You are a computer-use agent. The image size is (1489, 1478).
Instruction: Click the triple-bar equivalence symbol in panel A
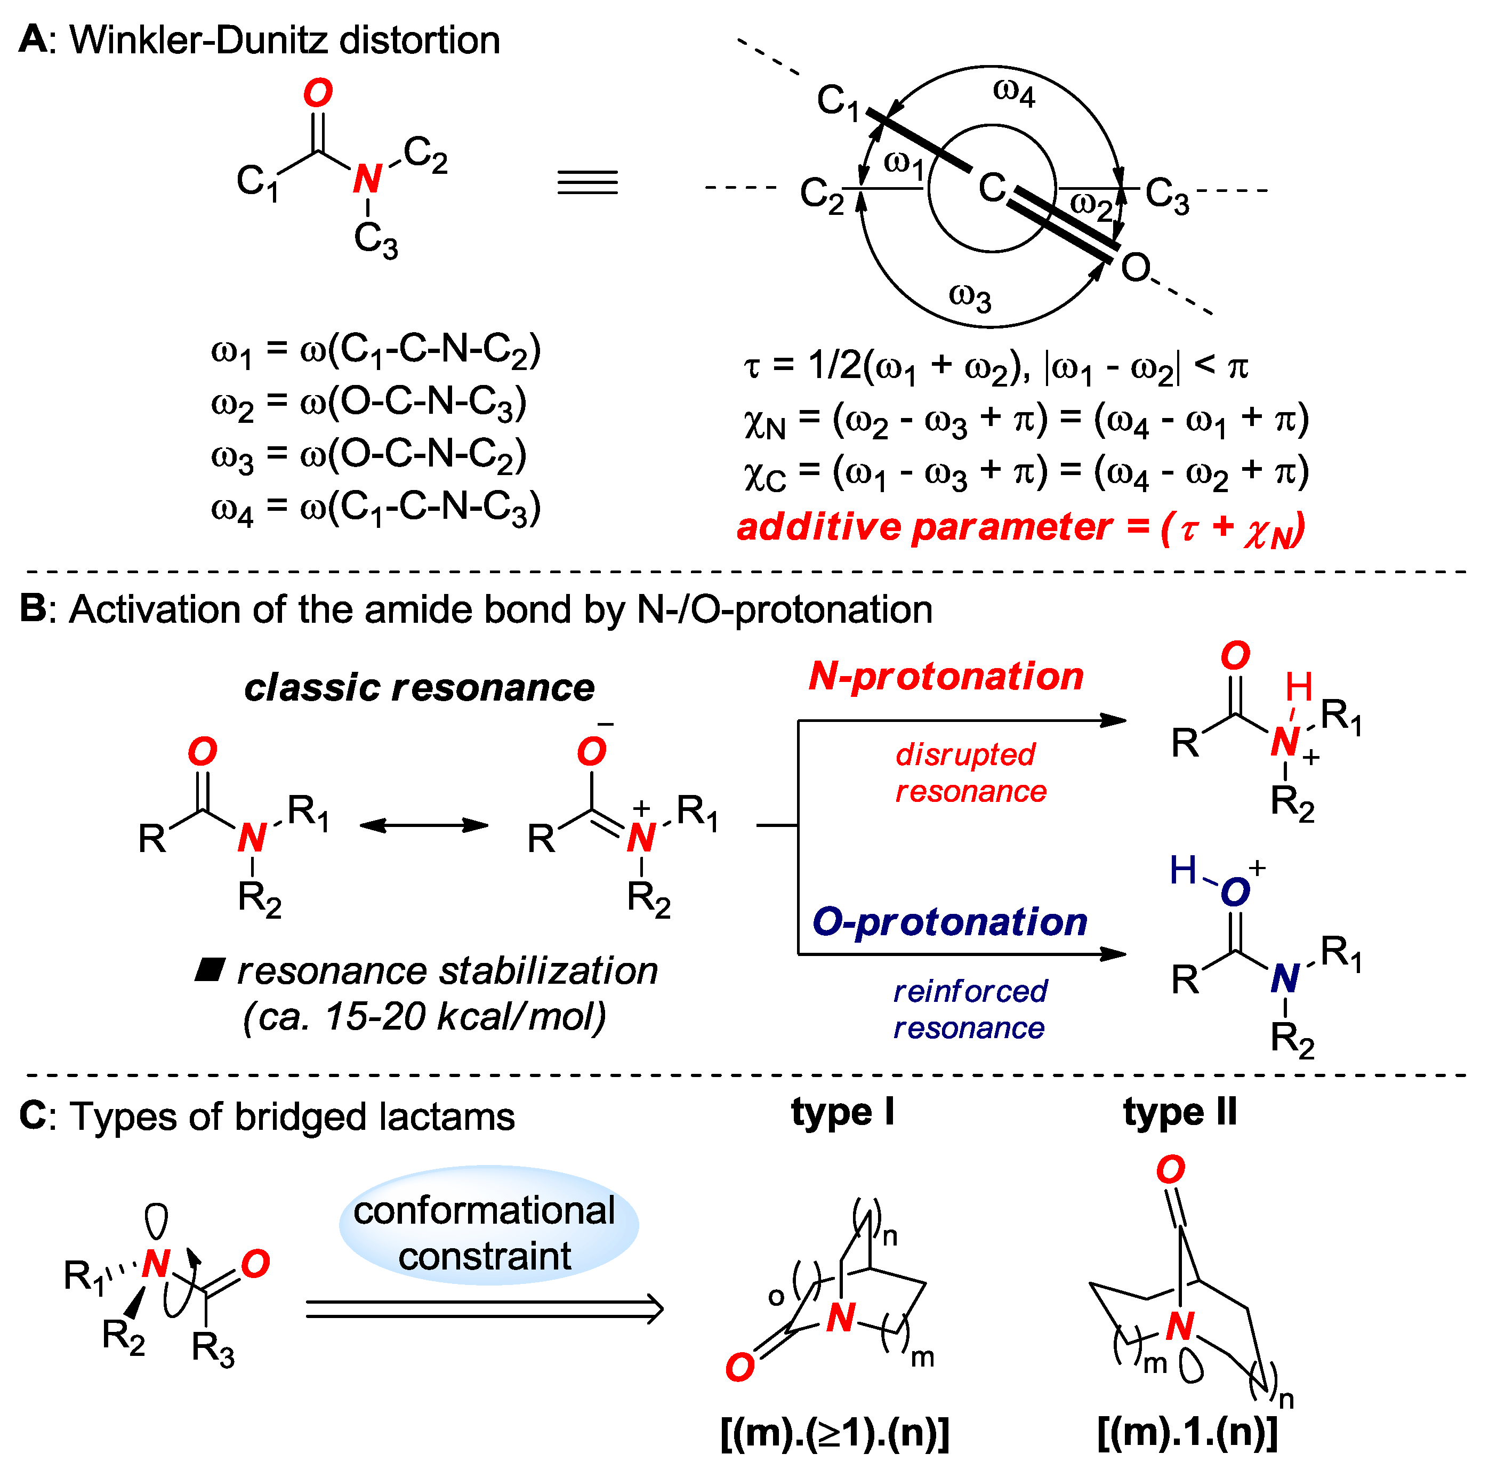[x=587, y=183]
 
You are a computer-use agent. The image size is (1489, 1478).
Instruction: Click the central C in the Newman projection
[x=992, y=187]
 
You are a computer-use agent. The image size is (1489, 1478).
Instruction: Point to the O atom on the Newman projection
[x=1135, y=268]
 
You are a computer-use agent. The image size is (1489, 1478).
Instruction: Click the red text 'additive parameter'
[x=924, y=527]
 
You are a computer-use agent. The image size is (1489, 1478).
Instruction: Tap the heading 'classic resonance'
[x=419, y=687]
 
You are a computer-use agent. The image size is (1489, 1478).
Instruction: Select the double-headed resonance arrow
[x=424, y=826]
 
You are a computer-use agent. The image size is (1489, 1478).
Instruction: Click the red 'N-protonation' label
[x=946, y=676]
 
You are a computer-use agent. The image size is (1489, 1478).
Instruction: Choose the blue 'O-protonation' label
[x=949, y=922]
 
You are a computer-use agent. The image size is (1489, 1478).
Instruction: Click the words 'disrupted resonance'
[x=970, y=773]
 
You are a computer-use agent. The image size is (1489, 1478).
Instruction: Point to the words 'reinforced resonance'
[x=970, y=1009]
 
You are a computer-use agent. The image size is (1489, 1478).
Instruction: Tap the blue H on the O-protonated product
[x=1183, y=871]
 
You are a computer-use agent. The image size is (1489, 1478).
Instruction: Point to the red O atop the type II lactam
[x=1170, y=1170]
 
